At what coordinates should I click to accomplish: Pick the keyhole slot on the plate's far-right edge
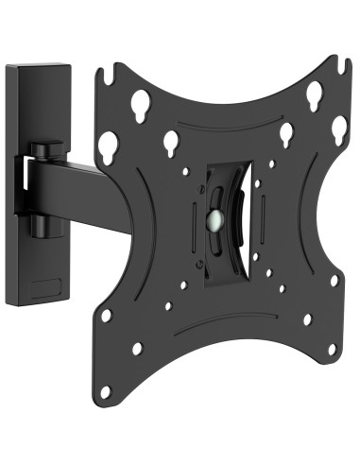pyautogui.click(x=338, y=127)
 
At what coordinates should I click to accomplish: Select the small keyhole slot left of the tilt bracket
pyautogui.click(x=172, y=142)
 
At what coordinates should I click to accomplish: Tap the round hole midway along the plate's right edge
pyautogui.click(x=334, y=280)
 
